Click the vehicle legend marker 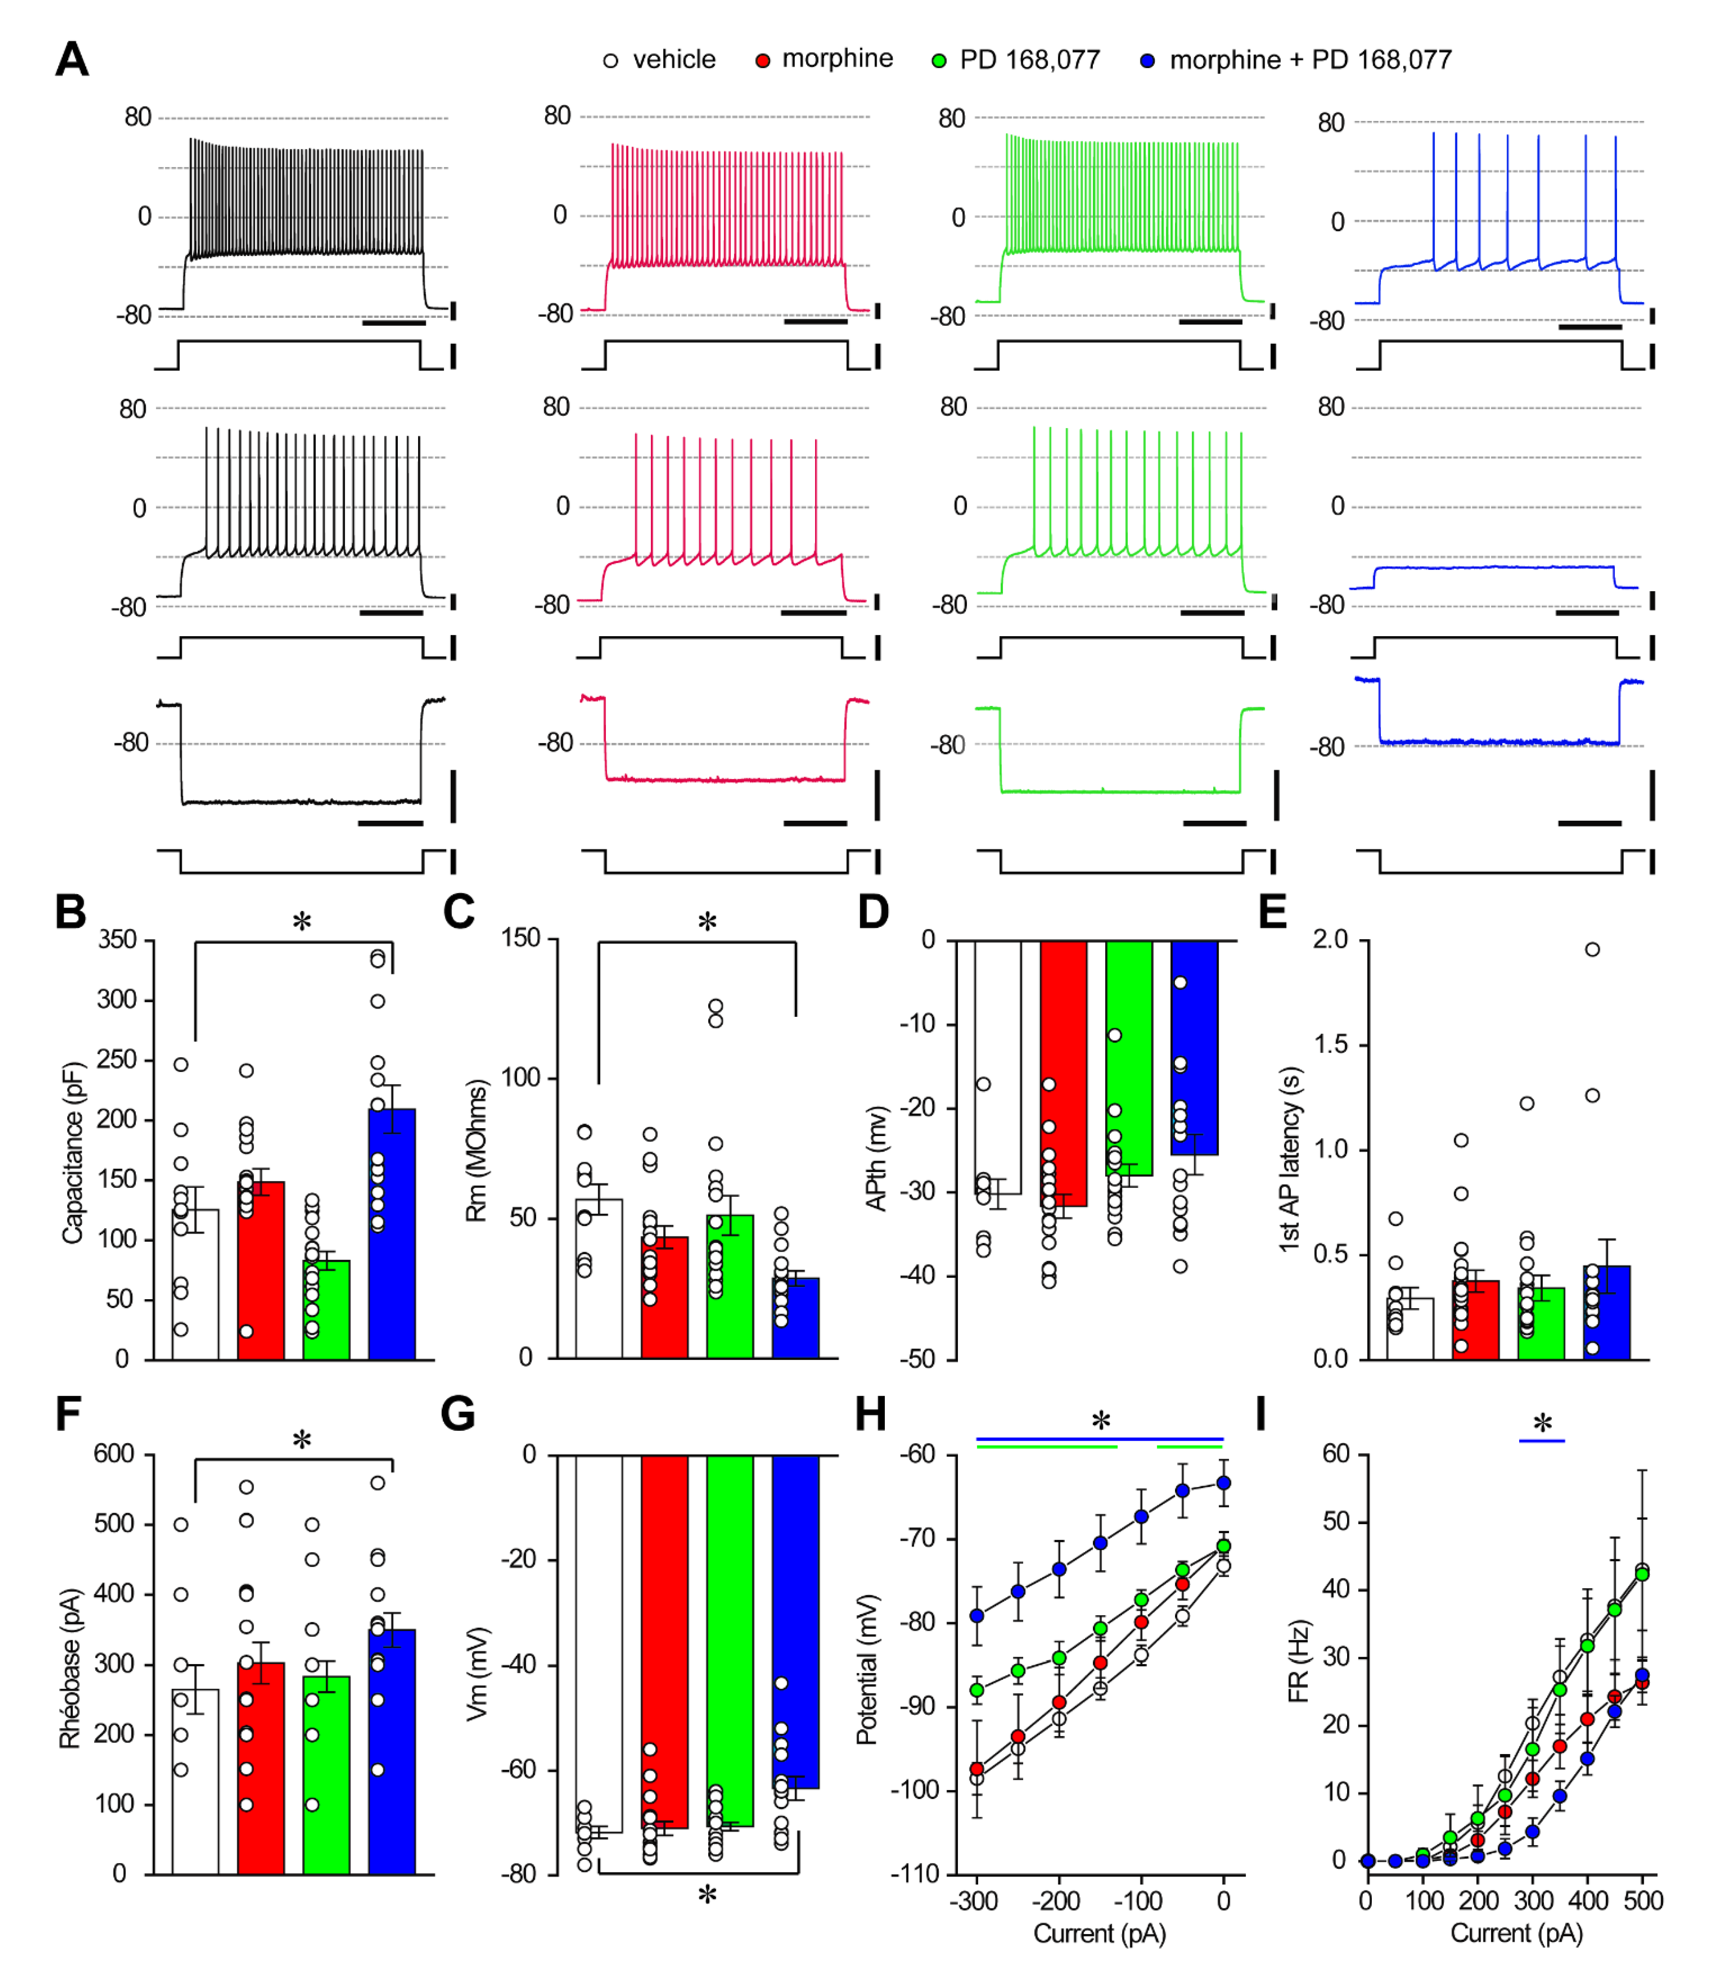coord(611,61)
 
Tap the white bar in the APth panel coord(998,1066)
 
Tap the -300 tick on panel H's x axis coord(976,1900)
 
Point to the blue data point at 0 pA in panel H coord(1224,1483)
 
